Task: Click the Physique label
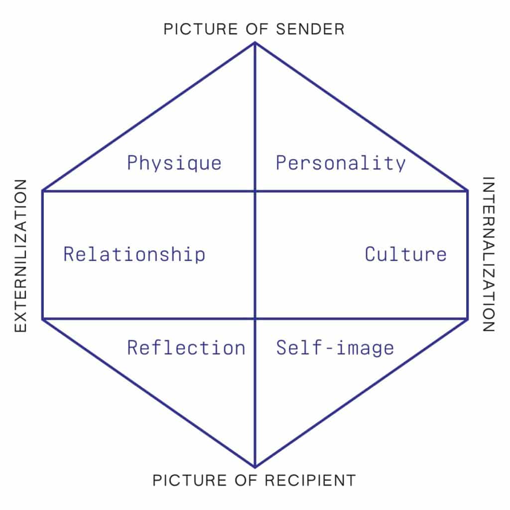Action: tap(174, 163)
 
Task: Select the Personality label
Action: tap(341, 163)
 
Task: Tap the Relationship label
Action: tap(134, 254)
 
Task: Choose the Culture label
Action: tap(405, 254)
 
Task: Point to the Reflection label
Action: tap(186, 347)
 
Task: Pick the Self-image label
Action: tap(335, 348)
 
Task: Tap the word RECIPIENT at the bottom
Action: tap(310, 481)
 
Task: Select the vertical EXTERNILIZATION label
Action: tap(20, 255)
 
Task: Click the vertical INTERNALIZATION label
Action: tap(489, 255)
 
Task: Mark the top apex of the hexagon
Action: tap(255, 43)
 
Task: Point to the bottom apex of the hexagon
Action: tap(255, 467)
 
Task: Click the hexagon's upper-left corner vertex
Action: tap(43, 191)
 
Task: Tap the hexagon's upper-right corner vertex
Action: tap(467, 191)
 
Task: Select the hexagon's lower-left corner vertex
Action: tap(43, 319)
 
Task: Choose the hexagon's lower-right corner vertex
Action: tap(467, 319)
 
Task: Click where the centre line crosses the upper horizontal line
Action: tap(255, 191)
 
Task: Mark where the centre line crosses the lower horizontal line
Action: tap(255, 319)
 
